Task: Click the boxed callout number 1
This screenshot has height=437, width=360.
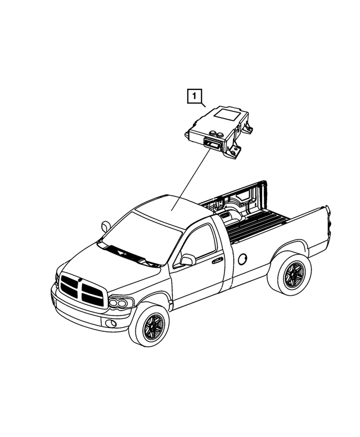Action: pos(195,97)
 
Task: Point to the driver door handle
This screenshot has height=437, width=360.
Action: pos(216,260)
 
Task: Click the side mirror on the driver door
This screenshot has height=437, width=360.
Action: pos(187,259)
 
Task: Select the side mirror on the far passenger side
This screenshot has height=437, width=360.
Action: pos(106,226)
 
